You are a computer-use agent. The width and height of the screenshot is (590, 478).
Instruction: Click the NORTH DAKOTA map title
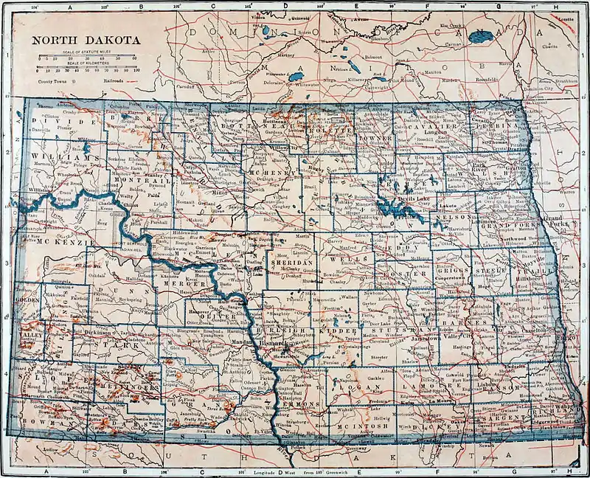(x=83, y=39)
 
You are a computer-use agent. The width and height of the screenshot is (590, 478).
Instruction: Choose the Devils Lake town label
(x=399, y=201)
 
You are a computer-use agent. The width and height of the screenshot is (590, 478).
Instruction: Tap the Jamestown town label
(x=423, y=339)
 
